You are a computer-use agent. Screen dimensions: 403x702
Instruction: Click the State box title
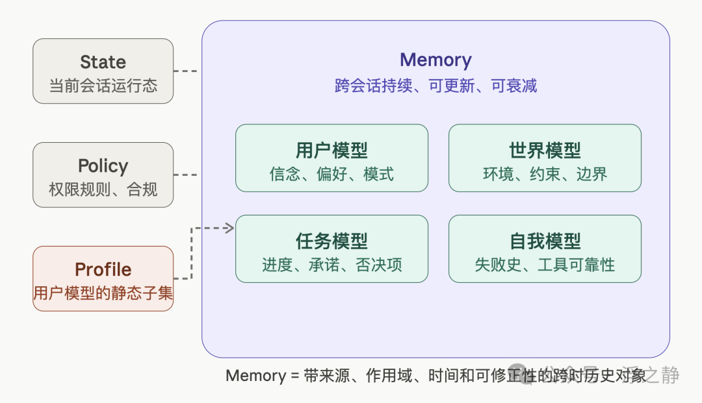click(103, 62)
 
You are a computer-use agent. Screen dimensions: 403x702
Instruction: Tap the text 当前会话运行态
click(103, 86)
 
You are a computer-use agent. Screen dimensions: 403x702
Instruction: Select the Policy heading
click(103, 166)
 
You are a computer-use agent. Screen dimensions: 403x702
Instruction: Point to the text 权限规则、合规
click(103, 189)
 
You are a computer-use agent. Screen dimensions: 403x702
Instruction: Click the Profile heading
click(103, 270)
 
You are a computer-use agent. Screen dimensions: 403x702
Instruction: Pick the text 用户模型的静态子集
click(103, 293)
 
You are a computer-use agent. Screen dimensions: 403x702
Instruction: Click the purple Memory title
click(435, 60)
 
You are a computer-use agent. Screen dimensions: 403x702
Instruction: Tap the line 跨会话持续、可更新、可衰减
click(435, 86)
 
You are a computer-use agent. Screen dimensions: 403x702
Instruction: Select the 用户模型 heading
click(331, 151)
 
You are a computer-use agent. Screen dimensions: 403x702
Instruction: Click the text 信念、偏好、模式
click(331, 174)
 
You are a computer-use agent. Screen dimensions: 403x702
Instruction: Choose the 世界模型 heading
click(545, 151)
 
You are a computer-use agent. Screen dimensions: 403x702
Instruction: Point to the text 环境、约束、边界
click(545, 174)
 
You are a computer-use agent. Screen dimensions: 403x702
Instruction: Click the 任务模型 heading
click(331, 241)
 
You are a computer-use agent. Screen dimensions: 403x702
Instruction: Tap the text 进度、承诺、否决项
click(331, 265)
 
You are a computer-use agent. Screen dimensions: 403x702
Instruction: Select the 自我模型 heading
click(545, 241)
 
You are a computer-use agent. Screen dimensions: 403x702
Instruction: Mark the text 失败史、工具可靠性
click(545, 265)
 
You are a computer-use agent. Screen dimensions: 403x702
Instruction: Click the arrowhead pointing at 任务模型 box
click(229, 228)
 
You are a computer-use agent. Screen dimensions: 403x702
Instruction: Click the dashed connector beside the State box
click(187, 71)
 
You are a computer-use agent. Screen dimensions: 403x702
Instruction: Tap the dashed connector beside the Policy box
click(187, 175)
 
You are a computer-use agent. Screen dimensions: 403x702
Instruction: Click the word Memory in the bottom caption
click(255, 376)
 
